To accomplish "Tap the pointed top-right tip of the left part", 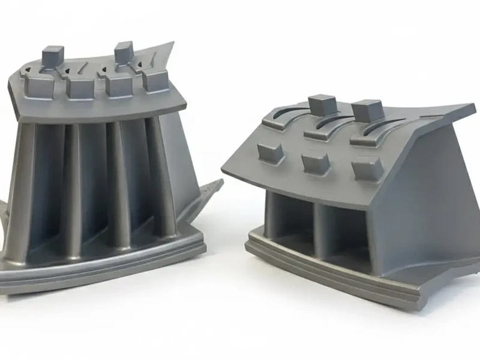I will coord(170,45).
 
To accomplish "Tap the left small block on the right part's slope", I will coord(271,152).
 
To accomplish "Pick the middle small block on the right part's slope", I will coord(316,163).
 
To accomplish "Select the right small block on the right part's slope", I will coord(367,169).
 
